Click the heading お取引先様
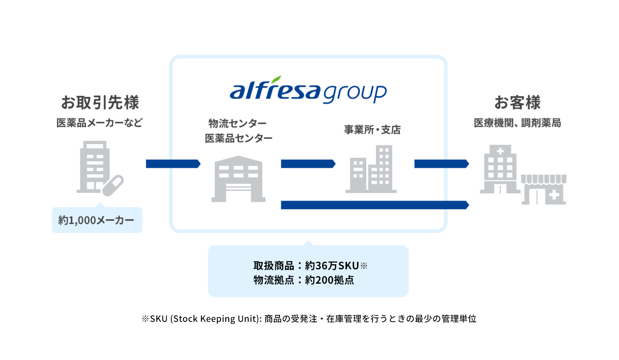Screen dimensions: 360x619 pos(100,102)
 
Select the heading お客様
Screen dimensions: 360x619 pos(517,102)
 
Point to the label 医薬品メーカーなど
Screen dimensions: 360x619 pos(99,123)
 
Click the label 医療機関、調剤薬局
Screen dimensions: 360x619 pos(517,123)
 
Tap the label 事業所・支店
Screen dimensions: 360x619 pos(372,130)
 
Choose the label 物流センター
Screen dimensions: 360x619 pos(238,123)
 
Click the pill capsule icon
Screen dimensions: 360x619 pos(113,185)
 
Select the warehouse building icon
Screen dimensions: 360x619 pos(238,179)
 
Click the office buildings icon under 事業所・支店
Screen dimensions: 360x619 pos(371,169)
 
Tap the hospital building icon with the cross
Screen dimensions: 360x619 pos(500,169)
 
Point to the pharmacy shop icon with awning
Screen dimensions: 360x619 pos(544,190)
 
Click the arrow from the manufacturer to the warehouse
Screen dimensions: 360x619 pos(173,164)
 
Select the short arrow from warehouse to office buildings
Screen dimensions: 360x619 pos(308,164)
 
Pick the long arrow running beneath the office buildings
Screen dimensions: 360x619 pos(374,205)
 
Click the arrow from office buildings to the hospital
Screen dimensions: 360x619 pos(441,164)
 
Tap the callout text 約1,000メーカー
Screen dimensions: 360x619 pos(96,220)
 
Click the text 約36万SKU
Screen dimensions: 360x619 pos(331,266)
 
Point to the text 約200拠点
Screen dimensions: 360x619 pos(329,280)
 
